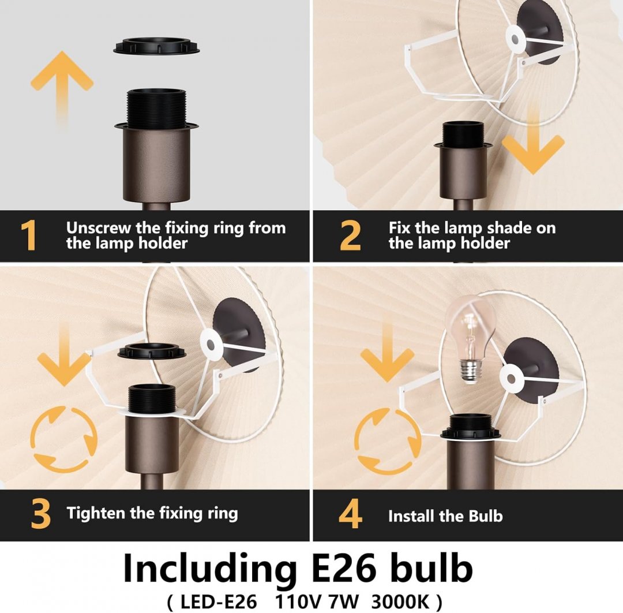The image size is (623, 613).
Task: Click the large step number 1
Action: click(x=29, y=235)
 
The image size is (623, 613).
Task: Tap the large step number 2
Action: click(x=350, y=235)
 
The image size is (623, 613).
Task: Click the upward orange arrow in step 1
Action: click(x=62, y=88)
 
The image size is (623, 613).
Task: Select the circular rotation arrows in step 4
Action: click(x=388, y=441)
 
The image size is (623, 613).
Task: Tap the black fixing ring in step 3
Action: click(x=152, y=351)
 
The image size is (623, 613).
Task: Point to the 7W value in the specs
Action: click(x=344, y=602)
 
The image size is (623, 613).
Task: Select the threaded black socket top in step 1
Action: click(x=156, y=107)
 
